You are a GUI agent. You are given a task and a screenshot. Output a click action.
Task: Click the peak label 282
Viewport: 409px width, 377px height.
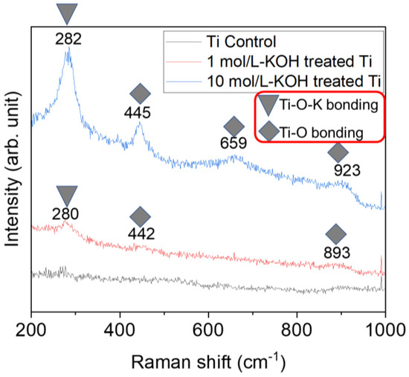pos(67,38)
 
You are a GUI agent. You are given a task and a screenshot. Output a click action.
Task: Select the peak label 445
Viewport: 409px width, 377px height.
pos(139,113)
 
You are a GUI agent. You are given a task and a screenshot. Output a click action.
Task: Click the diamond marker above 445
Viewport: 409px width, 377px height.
pos(139,94)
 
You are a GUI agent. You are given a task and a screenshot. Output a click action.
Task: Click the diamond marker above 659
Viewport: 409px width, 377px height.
pos(234,126)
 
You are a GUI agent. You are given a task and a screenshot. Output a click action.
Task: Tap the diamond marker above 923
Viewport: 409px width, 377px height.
pos(338,152)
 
